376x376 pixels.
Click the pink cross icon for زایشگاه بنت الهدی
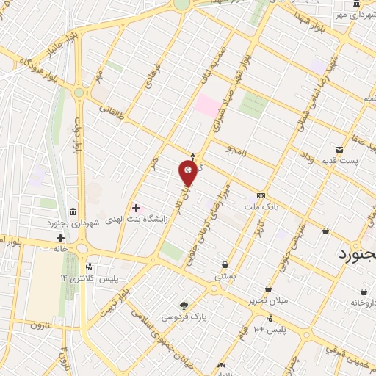pos(135,208)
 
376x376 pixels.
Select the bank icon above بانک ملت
pos(261,196)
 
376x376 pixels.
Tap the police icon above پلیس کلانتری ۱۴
pos(89,267)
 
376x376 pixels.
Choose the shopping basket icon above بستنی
pos(224,264)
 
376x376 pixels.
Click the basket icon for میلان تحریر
pos(270,289)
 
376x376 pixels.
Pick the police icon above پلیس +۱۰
pos(270,319)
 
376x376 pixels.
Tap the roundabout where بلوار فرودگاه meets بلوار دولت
pos(79,93)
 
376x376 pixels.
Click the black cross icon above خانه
pos(60,238)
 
